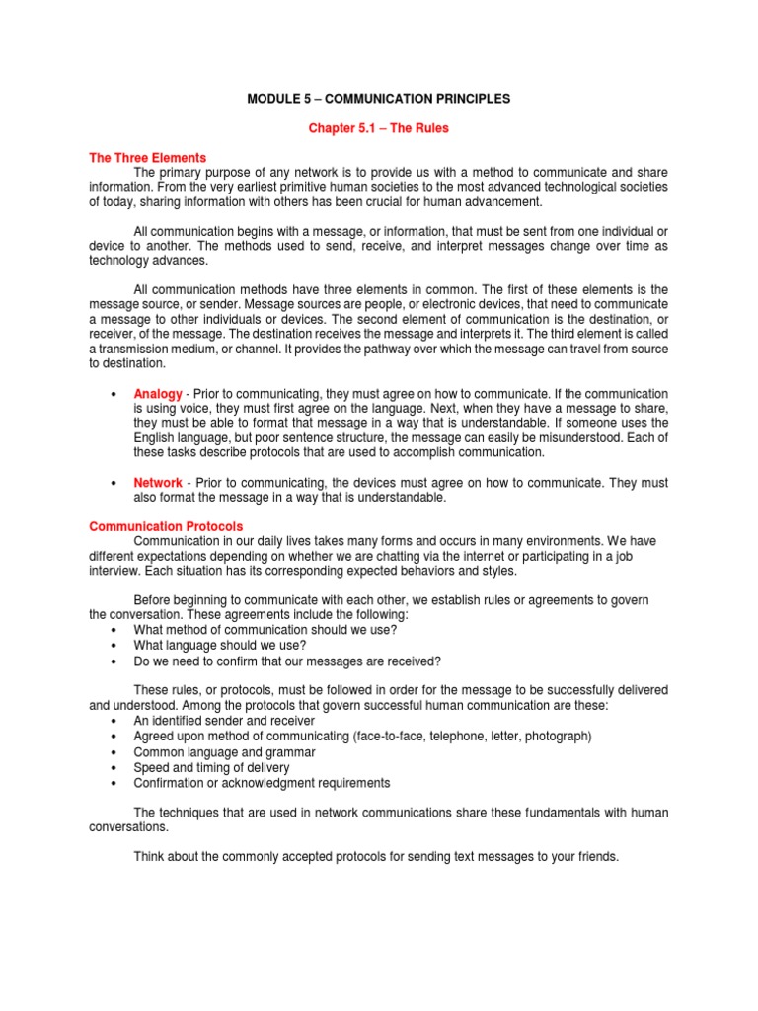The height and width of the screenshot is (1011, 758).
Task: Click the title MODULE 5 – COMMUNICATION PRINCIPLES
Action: pos(379,99)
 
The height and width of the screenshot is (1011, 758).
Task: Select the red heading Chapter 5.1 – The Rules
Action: pos(379,129)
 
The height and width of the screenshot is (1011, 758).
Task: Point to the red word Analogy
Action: pos(158,394)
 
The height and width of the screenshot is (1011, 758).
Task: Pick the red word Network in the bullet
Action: pos(158,483)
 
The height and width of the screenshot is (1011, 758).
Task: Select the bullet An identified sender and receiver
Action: pos(224,721)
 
